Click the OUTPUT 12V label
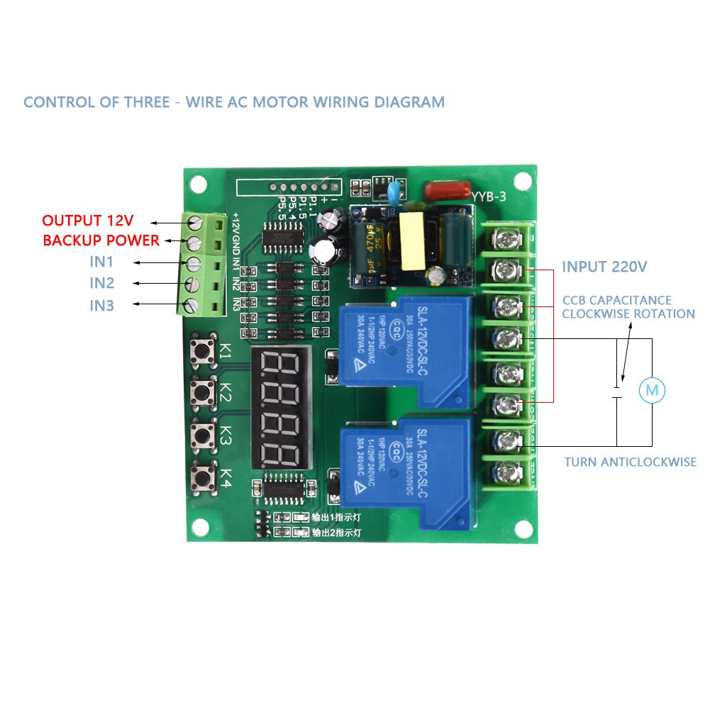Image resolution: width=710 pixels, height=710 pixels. (x=88, y=220)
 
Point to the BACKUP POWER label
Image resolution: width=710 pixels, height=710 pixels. (x=101, y=240)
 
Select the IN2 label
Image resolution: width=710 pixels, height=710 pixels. (x=101, y=284)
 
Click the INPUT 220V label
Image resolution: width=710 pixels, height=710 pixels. (x=604, y=267)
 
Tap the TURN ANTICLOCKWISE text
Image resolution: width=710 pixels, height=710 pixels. (x=630, y=462)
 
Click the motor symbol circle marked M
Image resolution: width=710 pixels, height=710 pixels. (x=652, y=389)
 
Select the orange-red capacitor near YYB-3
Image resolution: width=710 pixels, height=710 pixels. (x=447, y=190)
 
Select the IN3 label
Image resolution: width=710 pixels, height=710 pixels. (x=101, y=306)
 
